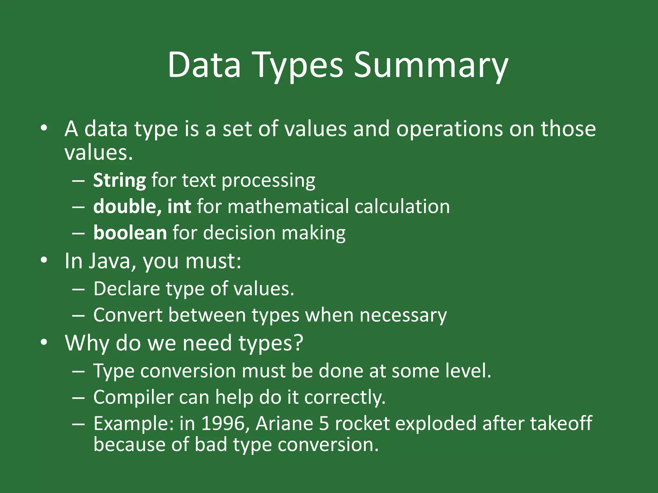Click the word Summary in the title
pyautogui.click(x=431, y=66)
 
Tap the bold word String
pyautogui.click(x=120, y=181)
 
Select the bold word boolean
pyautogui.click(x=130, y=233)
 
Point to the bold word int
pyautogui.click(x=179, y=206)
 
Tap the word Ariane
pyautogui.click(x=284, y=424)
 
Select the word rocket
pyautogui.click(x=362, y=424)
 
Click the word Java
pyautogui.click(x=110, y=261)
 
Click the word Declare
pyautogui.click(x=127, y=289)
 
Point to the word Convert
pyautogui.click(x=128, y=315)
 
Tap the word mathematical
pyautogui.click(x=288, y=206)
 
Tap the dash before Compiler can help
pyautogui.click(x=78, y=398)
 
